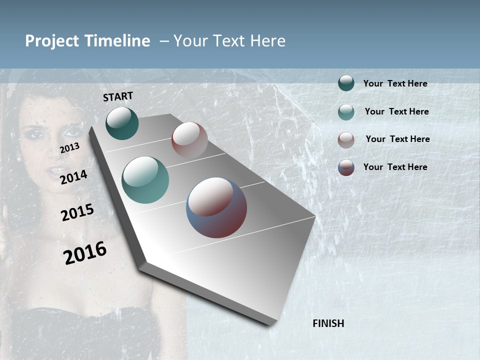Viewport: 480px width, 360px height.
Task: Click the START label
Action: click(118, 96)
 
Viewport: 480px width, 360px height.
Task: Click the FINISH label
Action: click(328, 323)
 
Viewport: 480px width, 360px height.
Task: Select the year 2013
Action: click(69, 148)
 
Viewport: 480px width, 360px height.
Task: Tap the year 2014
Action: click(73, 177)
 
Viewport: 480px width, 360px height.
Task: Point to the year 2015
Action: click(77, 212)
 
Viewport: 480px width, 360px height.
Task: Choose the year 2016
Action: click(85, 252)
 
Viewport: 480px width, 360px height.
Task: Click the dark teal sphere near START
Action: click(122, 123)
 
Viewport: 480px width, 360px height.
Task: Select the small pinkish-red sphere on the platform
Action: click(189, 140)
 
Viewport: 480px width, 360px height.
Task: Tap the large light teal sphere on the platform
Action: click(145, 180)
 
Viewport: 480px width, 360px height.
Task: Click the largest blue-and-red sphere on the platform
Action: click(216, 207)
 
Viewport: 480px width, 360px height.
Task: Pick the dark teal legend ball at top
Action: click(346, 83)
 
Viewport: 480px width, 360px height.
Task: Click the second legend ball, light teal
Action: click(346, 112)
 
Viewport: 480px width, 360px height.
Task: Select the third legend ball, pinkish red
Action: click(346, 140)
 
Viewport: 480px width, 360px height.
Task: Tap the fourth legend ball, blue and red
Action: click(346, 167)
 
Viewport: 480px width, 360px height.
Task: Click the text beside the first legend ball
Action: click(395, 83)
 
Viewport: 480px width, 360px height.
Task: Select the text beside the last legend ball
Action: click(395, 167)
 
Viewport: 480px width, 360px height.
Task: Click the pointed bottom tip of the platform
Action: click(270, 324)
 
